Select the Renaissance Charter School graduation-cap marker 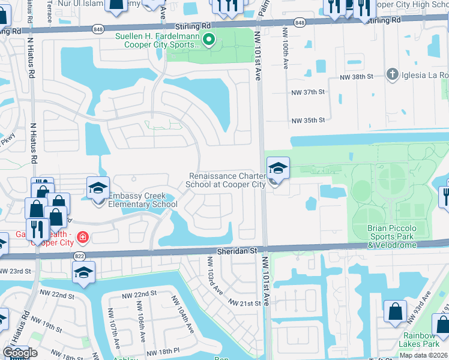278,169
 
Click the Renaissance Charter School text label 227,180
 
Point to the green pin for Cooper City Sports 209,41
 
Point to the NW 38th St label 357,77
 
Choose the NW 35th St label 308,121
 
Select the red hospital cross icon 82,238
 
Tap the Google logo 20,353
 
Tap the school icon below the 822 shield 83,274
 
